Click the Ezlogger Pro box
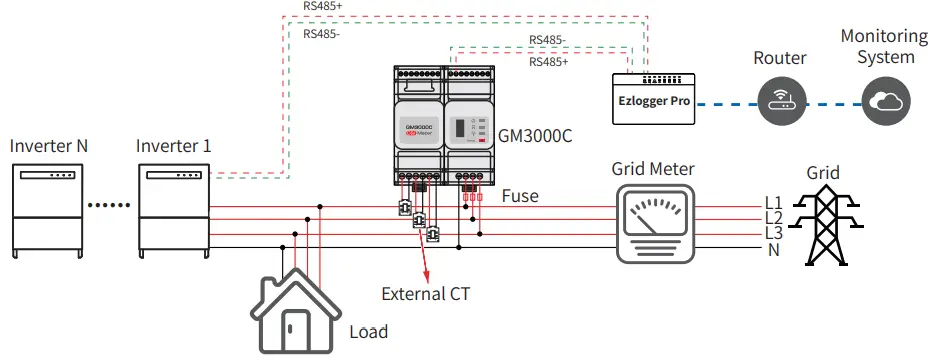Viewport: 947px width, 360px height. point(654,100)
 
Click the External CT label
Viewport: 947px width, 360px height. point(425,294)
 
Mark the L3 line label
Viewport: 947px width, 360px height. point(773,233)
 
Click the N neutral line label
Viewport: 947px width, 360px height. point(773,249)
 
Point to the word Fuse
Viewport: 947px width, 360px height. point(520,196)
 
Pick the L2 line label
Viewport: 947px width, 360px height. point(773,218)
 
